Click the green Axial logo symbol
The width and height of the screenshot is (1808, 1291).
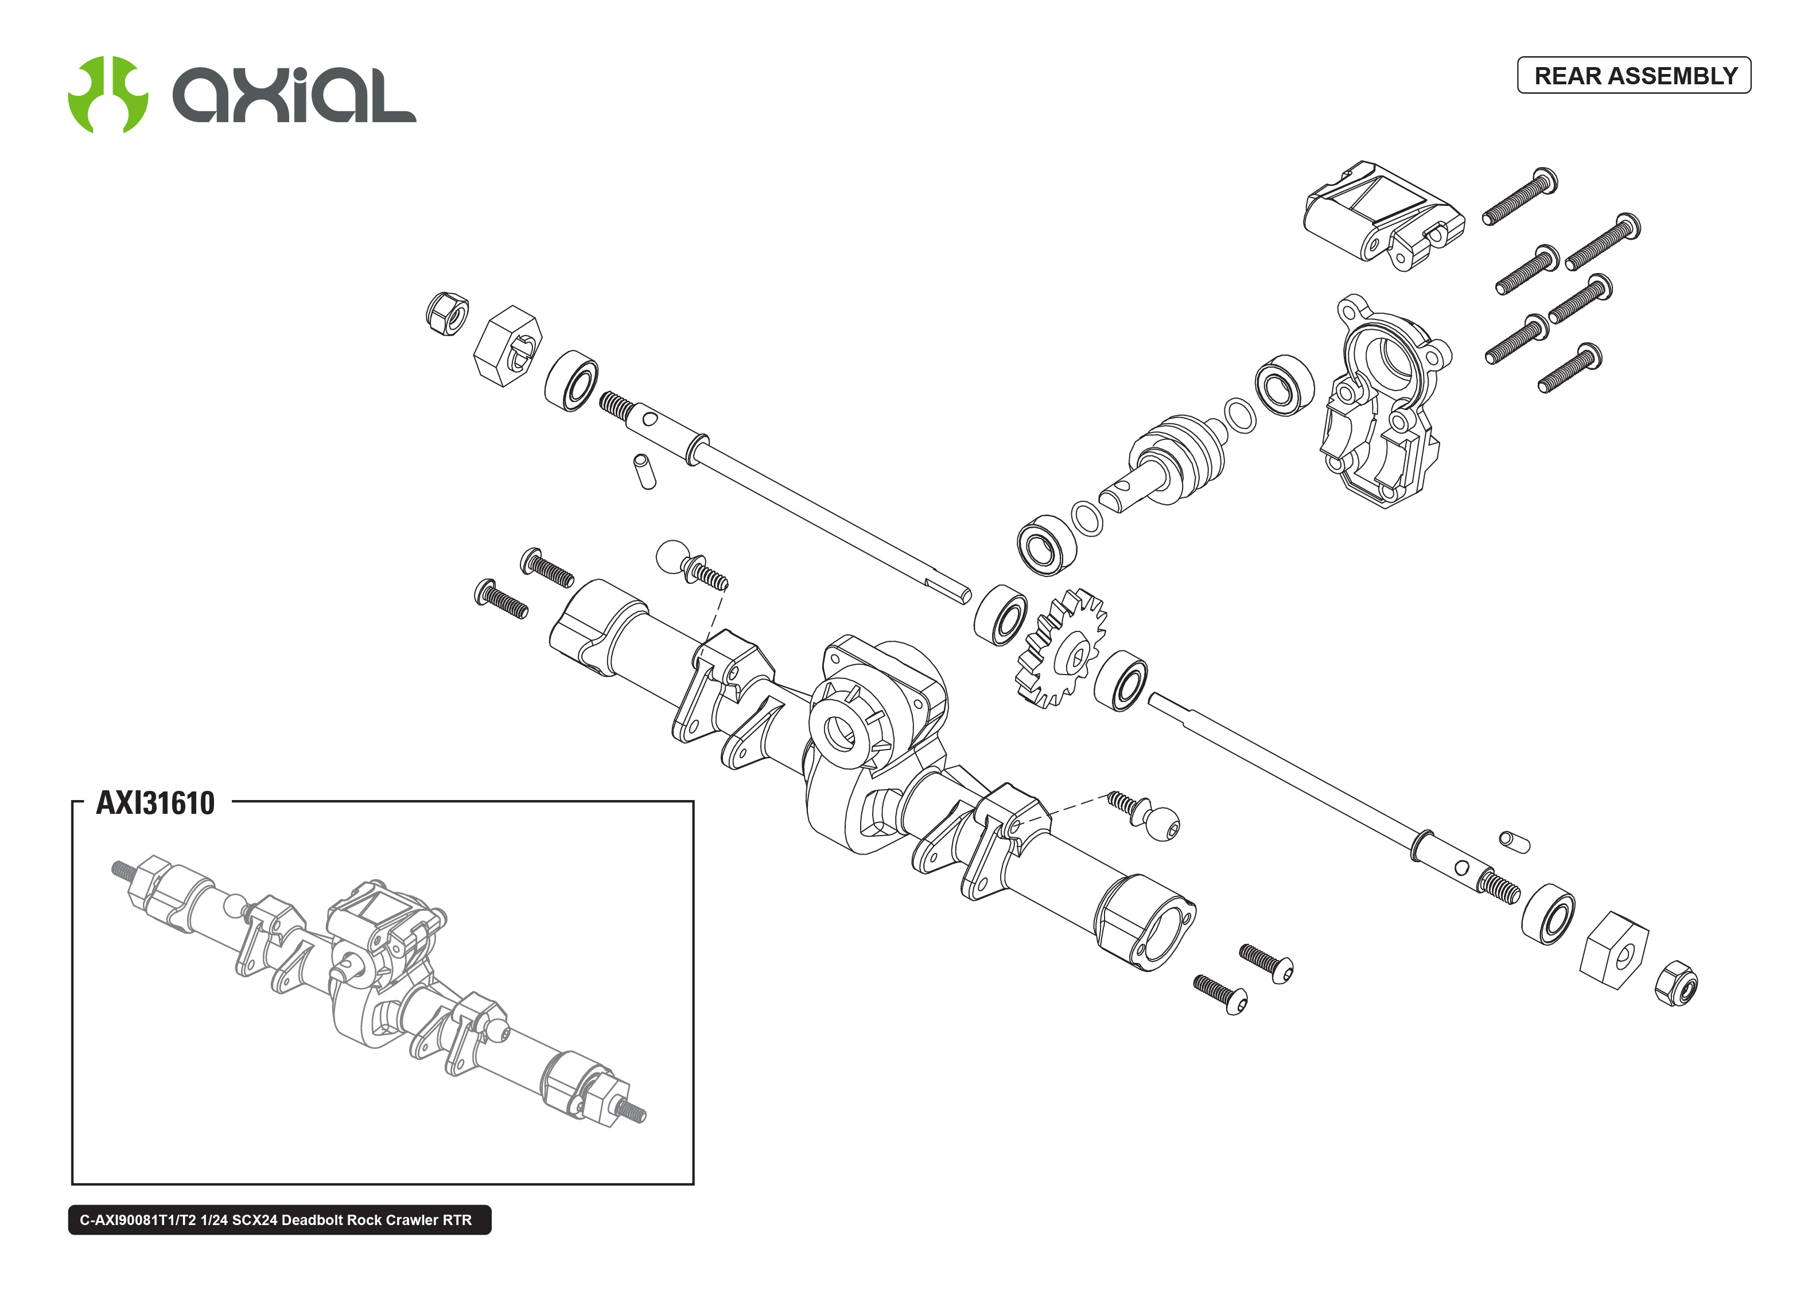coord(108,95)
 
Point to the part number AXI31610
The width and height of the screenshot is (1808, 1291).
coord(155,803)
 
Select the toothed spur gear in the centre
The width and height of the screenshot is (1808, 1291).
coord(1062,649)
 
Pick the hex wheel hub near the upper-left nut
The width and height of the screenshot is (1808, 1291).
coord(507,346)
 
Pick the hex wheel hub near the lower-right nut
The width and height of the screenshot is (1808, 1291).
coord(1613,949)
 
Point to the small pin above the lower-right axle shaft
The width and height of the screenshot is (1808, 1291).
coord(1513,841)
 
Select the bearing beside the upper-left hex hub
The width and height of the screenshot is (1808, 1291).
coord(571,381)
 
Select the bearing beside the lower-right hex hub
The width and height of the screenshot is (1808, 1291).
coord(1548,914)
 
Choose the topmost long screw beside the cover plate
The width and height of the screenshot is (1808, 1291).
coord(1519,196)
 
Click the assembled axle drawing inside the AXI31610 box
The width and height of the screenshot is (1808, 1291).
coord(378,990)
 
